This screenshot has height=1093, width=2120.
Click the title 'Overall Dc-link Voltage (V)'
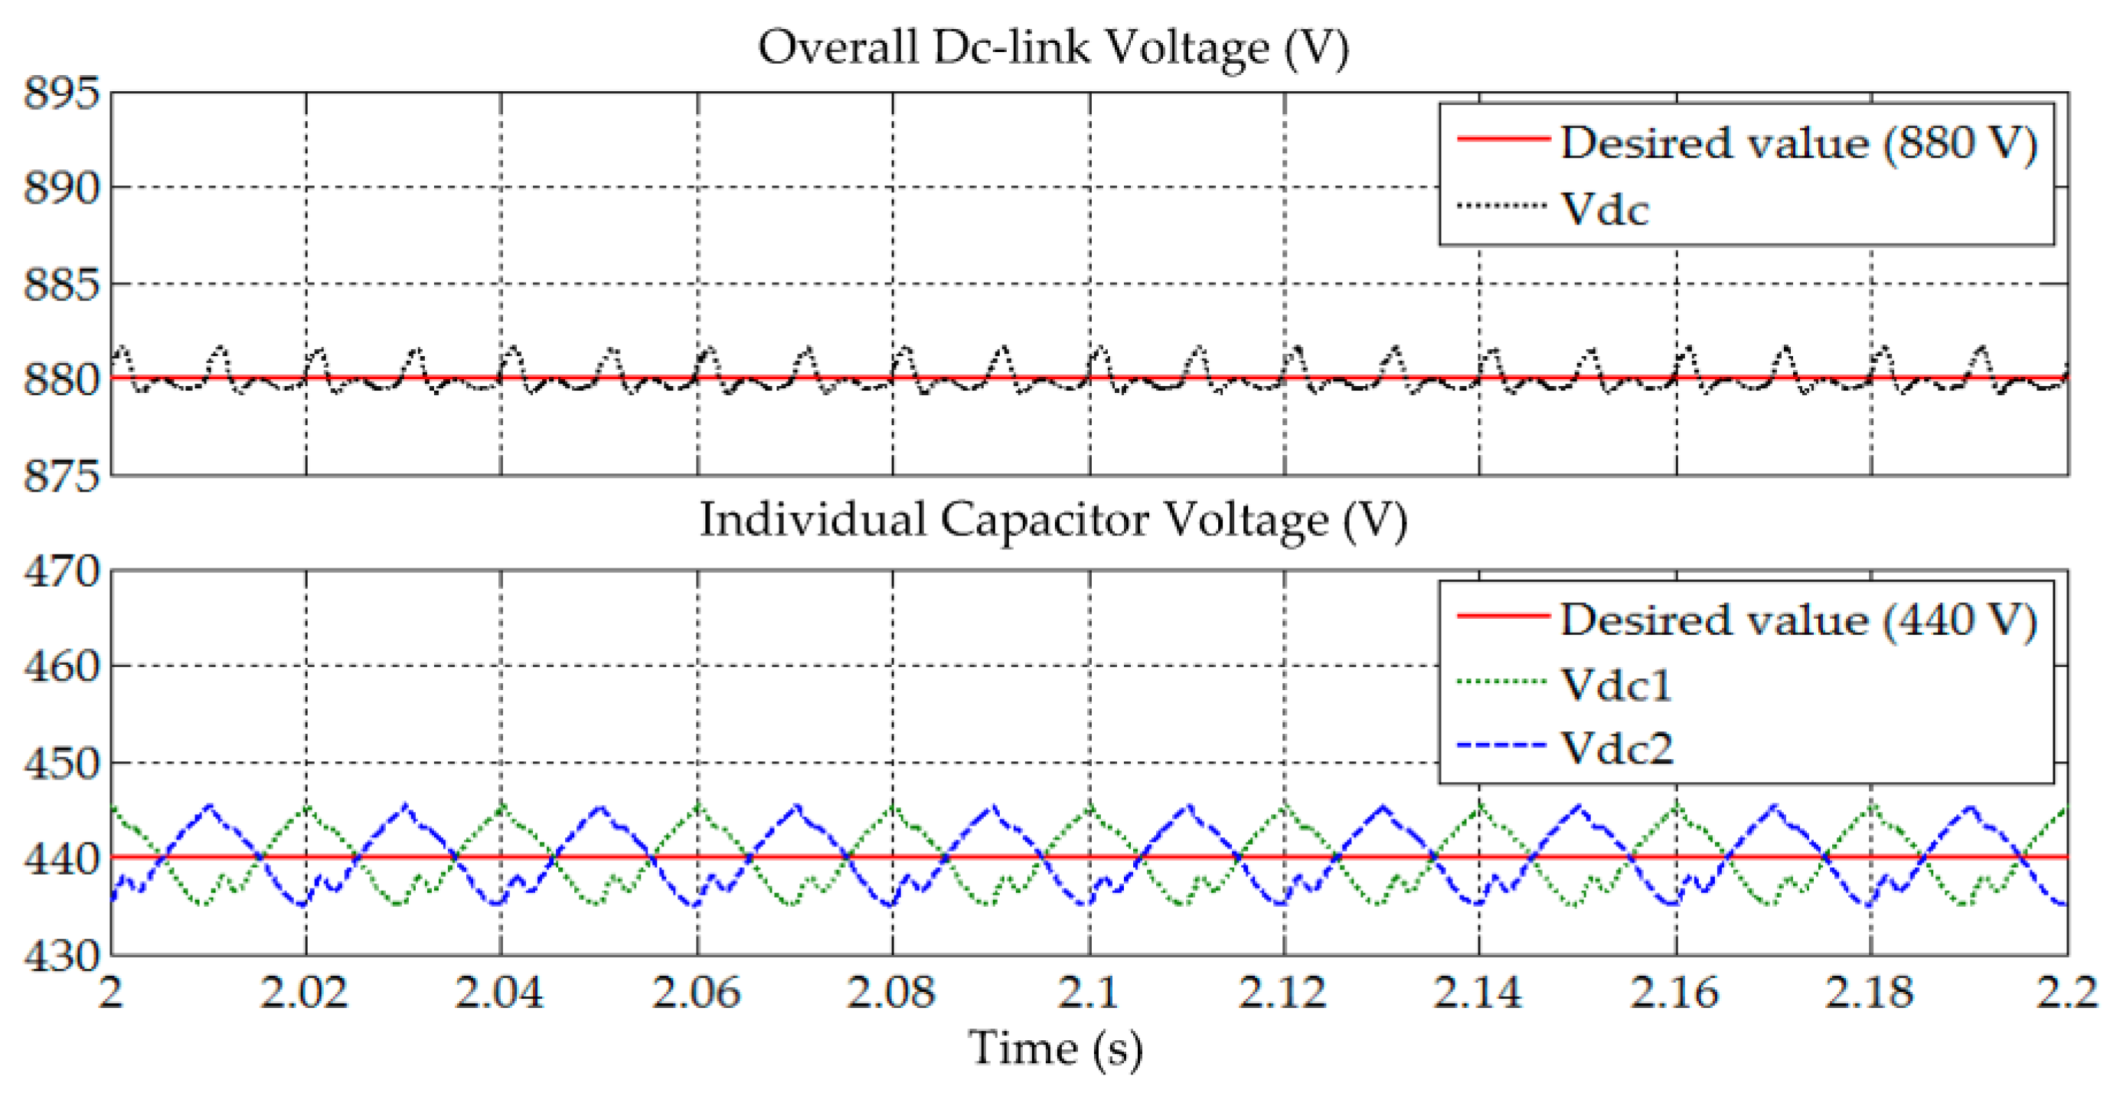[1053, 47]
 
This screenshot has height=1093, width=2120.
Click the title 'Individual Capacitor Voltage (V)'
[1053, 521]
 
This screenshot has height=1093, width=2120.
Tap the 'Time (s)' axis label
[1056, 1049]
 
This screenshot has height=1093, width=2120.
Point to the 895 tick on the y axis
[62, 93]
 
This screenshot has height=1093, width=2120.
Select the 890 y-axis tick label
[62, 188]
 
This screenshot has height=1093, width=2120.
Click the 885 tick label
[62, 285]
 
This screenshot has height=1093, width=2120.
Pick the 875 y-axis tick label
[62, 476]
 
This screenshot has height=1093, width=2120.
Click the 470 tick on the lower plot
[62, 571]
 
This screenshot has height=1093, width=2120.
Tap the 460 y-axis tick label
[62, 666]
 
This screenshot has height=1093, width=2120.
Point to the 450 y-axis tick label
[62, 764]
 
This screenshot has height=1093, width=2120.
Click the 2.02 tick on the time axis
[305, 993]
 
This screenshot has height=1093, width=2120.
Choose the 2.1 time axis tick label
[1088, 993]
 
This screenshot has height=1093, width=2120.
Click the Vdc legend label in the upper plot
[1605, 209]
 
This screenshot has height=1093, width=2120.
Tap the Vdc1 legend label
[1616, 685]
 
